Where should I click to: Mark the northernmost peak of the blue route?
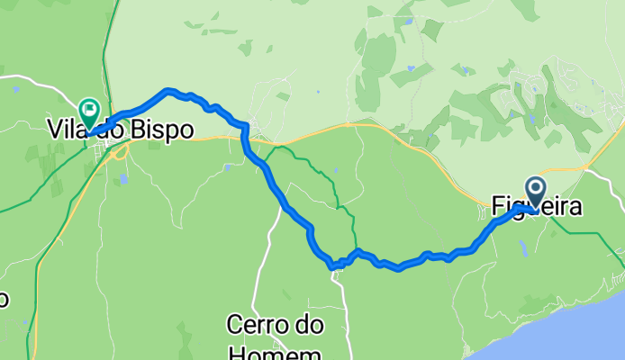168,90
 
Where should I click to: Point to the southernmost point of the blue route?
332,266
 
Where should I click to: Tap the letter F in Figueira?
499,207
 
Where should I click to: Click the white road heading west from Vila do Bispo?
36,85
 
